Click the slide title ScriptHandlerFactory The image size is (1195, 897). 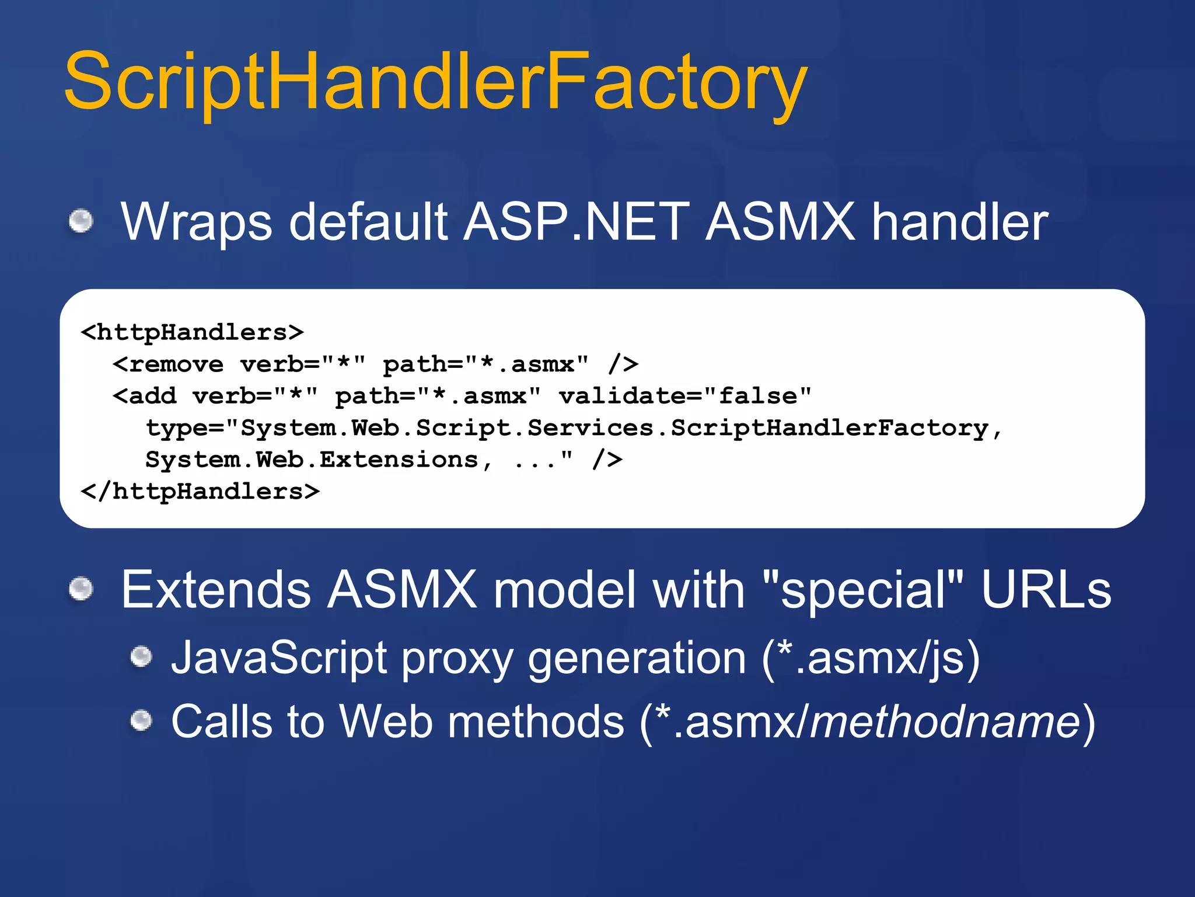(x=435, y=82)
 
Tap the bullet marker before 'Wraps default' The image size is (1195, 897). (x=81, y=221)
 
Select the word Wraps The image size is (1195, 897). (x=196, y=222)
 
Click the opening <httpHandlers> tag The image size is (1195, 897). (x=192, y=332)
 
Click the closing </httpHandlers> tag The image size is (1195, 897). (x=200, y=491)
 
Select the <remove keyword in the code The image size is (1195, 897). (x=168, y=364)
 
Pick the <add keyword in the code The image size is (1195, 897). (x=145, y=396)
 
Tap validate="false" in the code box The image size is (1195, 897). (x=685, y=396)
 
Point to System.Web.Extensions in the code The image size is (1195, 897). (x=312, y=460)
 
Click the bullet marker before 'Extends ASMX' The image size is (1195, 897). (x=81, y=588)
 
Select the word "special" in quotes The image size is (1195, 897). (x=863, y=590)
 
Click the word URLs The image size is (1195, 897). (x=1046, y=590)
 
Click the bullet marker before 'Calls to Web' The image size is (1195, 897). (x=141, y=720)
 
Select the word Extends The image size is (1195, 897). (x=215, y=590)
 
